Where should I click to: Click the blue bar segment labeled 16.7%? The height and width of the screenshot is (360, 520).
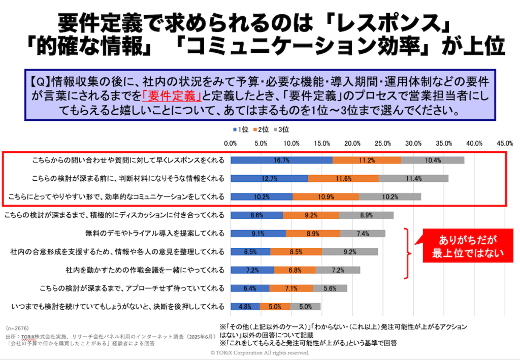(281, 160)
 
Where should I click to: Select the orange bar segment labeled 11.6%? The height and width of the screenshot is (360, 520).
(343, 178)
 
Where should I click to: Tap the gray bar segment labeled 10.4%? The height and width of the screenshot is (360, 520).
(432, 160)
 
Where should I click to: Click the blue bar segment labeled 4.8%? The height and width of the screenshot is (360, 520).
(245, 306)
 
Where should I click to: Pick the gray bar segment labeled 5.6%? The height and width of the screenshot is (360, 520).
(330, 288)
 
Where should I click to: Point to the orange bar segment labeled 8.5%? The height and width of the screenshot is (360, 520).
(296, 251)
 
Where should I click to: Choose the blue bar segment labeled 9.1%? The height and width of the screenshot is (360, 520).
(258, 234)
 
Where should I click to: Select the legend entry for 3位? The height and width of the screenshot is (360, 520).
(282, 129)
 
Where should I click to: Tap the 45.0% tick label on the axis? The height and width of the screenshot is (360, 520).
(504, 143)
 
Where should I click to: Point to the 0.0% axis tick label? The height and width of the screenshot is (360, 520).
(231, 143)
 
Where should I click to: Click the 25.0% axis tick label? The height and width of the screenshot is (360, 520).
(383, 143)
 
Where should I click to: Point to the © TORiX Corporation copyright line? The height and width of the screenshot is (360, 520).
(259, 352)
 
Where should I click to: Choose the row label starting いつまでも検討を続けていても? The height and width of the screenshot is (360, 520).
(117, 306)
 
